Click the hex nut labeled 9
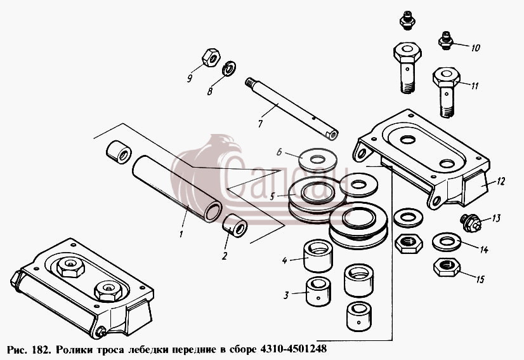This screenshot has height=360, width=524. click(211, 57)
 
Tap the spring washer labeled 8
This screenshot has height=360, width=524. click(229, 68)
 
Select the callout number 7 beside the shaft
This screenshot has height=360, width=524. click(260, 123)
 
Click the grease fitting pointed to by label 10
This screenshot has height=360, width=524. click(446, 41)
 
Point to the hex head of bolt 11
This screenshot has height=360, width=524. click(446, 77)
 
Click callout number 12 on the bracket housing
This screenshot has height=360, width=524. click(501, 182)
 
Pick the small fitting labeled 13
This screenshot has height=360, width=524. click(471, 223)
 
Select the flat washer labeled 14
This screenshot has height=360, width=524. click(447, 242)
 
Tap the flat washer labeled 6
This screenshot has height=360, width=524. click(317, 160)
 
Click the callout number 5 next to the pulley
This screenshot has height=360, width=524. click(272, 196)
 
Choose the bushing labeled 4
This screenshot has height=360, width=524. click(318, 255)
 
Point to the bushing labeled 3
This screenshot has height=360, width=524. click(318, 292)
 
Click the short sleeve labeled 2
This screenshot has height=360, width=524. click(235, 226)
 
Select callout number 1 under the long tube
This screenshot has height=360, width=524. click(181, 234)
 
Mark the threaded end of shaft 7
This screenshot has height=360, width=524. click(250, 83)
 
